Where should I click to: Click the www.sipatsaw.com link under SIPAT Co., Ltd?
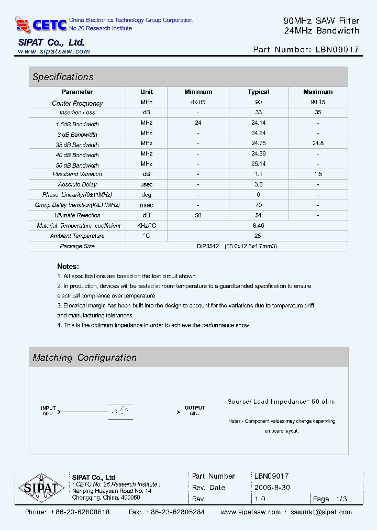tap(54, 51)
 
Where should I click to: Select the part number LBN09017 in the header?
tap(338, 50)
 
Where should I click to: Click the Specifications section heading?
tap(63, 77)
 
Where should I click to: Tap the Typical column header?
tap(258, 92)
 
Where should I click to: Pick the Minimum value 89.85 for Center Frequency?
tap(198, 103)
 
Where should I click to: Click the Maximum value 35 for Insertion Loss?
tap(318, 113)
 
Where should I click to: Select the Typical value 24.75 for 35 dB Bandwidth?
tap(258, 143)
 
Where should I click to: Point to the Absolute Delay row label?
tap(77, 184)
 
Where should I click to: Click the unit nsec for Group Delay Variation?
tap(147, 205)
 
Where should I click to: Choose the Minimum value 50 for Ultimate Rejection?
tap(198, 215)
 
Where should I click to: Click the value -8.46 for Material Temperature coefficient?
tap(258, 225)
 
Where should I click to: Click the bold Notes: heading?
tap(68, 266)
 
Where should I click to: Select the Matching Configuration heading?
tap(84, 358)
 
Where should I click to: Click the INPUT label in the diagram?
tap(48, 407)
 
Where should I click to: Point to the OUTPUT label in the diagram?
tap(194, 407)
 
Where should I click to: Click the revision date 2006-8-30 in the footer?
tap(272, 488)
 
